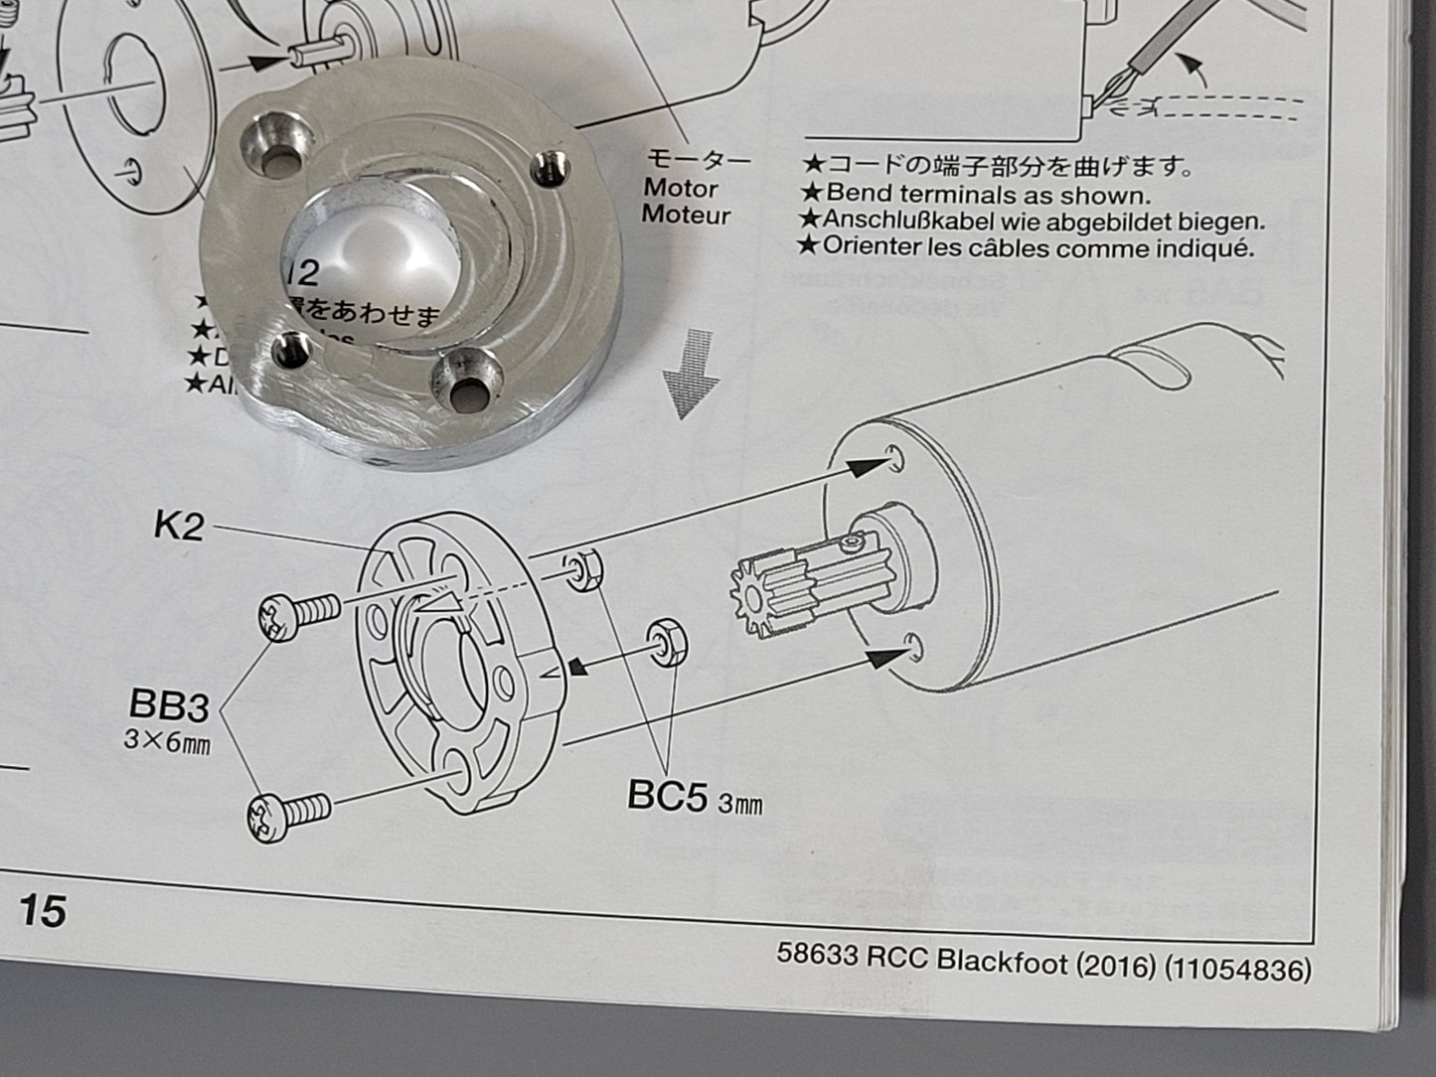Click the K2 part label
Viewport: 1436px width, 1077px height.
point(179,525)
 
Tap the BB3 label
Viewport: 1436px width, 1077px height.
point(169,706)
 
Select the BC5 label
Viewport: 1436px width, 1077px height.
point(667,795)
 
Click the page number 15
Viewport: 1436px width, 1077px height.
point(42,909)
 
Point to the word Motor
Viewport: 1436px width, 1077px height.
point(681,188)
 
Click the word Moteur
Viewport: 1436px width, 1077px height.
point(686,215)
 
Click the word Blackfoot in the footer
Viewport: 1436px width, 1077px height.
point(1002,962)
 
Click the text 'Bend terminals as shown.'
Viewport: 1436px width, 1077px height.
point(988,195)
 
